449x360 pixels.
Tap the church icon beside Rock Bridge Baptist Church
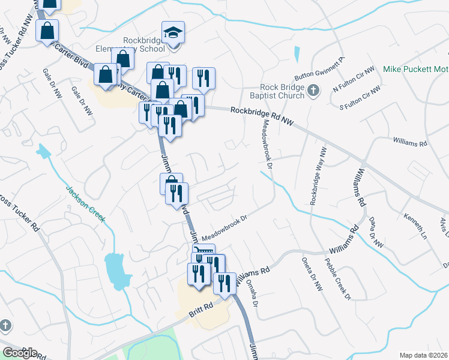click(x=312, y=91)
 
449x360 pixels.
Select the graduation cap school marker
click(x=173, y=32)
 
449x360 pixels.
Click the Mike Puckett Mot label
click(x=415, y=70)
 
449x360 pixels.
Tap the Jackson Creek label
click(x=86, y=202)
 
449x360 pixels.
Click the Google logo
click(x=20, y=352)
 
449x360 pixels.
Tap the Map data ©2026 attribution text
click(x=424, y=355)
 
